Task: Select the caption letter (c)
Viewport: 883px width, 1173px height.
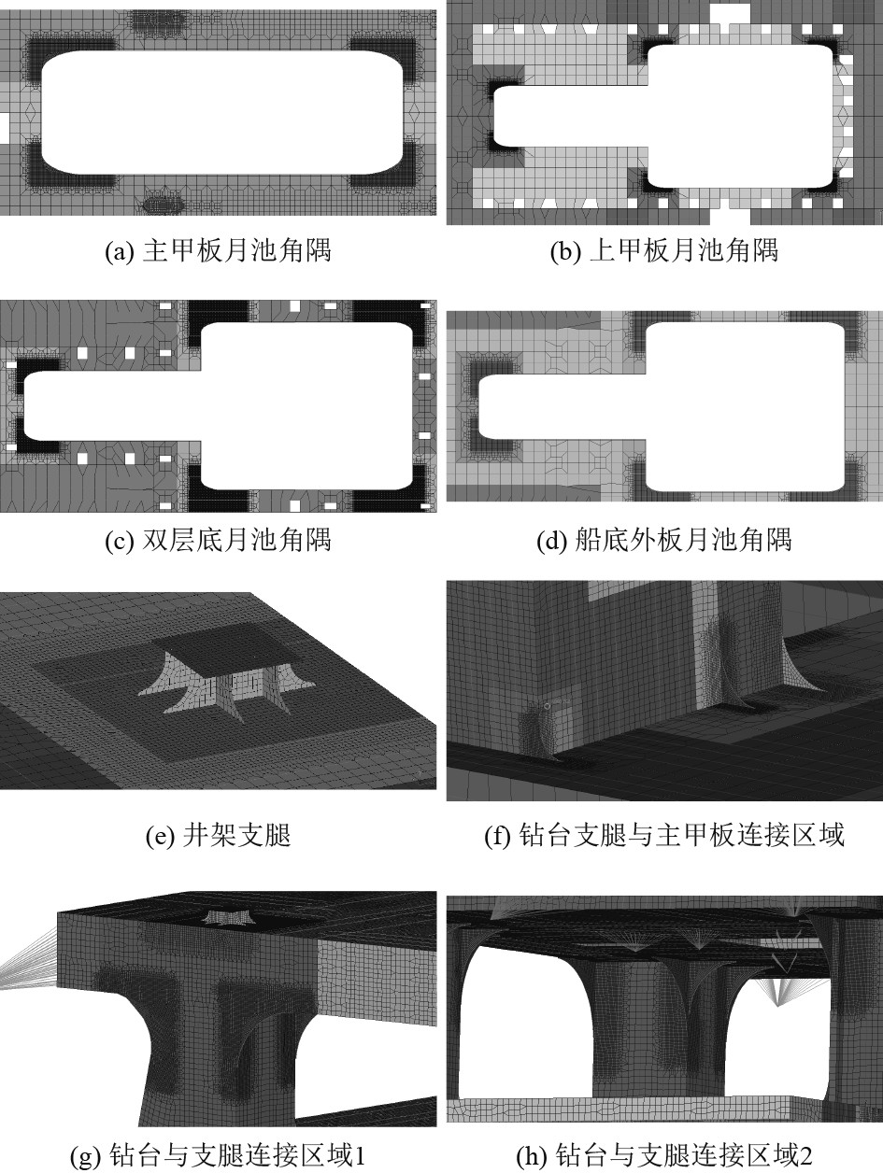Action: click(x=120, y=541)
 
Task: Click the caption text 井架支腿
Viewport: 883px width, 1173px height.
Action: click(x=236, y=835)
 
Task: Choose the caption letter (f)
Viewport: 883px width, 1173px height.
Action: click(x=498, y=835)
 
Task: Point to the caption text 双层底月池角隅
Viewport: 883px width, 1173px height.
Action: click(x=236, y=541)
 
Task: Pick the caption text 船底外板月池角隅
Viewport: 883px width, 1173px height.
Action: click(x=684, y=541)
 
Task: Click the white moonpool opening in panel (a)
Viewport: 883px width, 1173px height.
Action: click(x=221, y=113)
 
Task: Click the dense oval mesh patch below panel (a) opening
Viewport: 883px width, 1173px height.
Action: click(x=164, y=205)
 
